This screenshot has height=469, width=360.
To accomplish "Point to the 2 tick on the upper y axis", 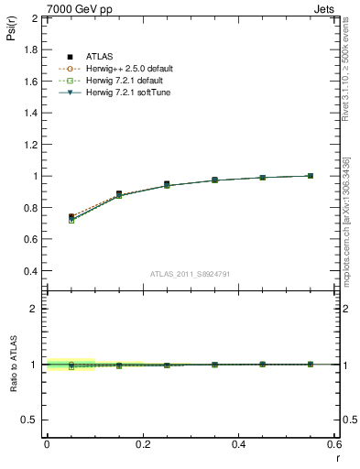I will (35, 19).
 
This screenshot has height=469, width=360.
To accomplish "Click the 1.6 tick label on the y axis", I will (30, 82).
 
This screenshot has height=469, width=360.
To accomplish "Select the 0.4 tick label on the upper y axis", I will (30, 271).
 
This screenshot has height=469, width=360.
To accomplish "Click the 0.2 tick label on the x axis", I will (142, 444).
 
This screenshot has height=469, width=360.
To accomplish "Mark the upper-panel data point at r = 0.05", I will (71, 217).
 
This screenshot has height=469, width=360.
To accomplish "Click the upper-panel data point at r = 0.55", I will (311, 176).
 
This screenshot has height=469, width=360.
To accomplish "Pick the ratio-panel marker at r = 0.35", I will (214, 365).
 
